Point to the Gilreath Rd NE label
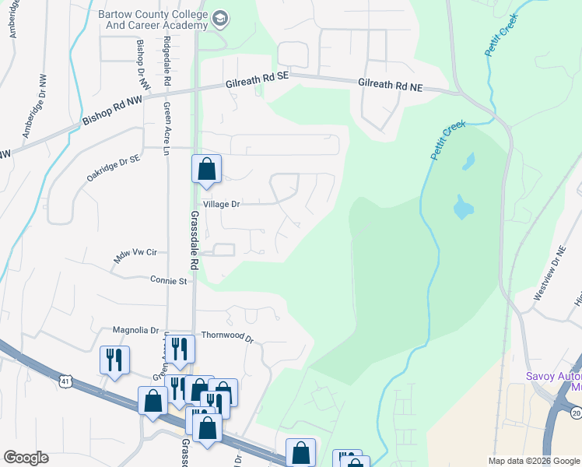[390, 86]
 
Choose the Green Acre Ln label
[167, 128]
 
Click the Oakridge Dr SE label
[113, 167]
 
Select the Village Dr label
[221, 204]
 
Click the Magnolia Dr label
[135, 330]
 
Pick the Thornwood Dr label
[228, 337]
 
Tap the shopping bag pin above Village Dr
[206, 169]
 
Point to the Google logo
[26, 458]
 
